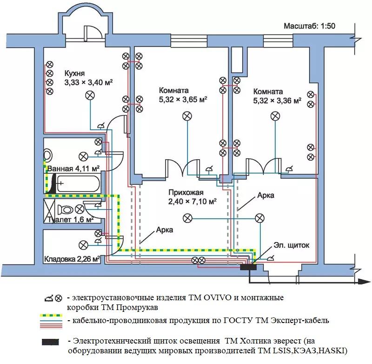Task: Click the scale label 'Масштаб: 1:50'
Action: pos(310,26)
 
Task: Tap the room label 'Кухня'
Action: pos(74,73)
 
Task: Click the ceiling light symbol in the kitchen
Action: pos(90,95)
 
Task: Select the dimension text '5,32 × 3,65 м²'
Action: pos(183,99)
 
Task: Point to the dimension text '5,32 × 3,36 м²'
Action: pos(277,101)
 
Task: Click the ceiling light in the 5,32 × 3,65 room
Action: pos(187,116)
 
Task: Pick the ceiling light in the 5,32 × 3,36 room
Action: pos(275,116)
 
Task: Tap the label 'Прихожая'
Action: pos(186,192)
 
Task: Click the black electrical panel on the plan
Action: pos(248,267)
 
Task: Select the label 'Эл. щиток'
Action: pos(292,245)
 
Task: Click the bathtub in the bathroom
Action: pos(78,183)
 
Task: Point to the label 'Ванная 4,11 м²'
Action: pos(73,169)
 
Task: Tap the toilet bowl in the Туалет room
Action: pos(65,209)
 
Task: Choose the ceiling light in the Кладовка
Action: pos(83,245)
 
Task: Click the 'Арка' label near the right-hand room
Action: pos(266,195)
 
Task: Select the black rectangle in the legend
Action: pos(50,342)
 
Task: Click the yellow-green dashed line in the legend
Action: pos(51,316)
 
